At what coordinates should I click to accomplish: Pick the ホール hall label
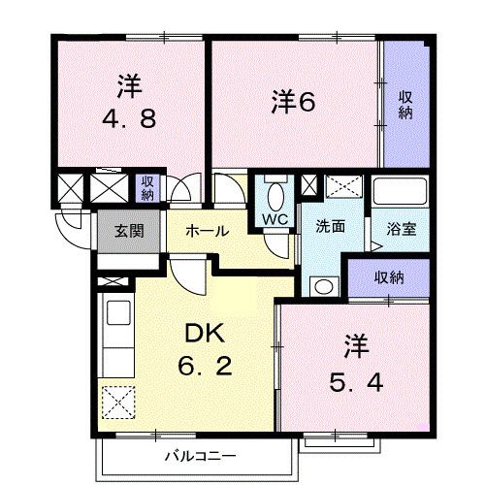(x=207, y=231)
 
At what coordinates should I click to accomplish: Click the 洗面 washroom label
(x=330, y=228)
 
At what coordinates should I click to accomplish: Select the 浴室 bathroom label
(x=402, y=230)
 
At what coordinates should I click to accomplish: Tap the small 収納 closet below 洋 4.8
(x=146, y=187)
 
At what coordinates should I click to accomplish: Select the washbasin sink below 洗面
(x=321, y=285)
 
